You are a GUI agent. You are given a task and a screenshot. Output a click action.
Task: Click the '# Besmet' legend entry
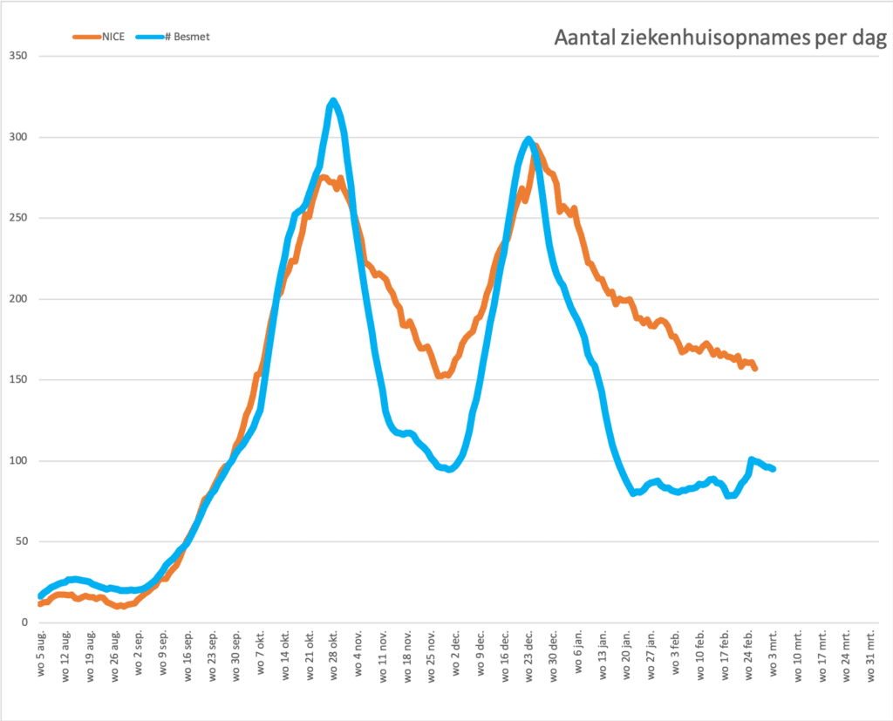pos(180,37)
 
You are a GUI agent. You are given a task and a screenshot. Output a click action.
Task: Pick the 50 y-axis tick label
pos(19,541)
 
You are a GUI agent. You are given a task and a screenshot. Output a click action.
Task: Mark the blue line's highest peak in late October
pos(333,101)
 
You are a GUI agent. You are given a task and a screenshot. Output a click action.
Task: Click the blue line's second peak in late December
pos(528,139)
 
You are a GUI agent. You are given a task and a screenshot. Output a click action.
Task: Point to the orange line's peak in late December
pos(535,147)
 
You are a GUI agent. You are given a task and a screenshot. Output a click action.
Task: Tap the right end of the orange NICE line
pos(754,369)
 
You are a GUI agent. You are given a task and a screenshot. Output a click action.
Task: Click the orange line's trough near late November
pos(441,376)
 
